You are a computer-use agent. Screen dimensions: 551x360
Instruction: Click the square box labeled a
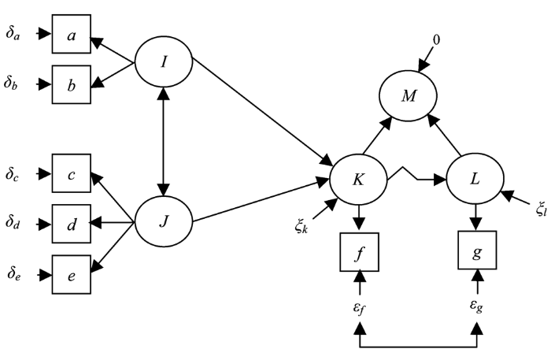pos(72,34)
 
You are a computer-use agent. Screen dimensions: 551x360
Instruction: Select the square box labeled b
pos(72,84)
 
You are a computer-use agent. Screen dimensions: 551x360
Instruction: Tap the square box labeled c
pos(72,173)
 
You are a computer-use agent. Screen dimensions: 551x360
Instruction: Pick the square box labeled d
pos(72,224)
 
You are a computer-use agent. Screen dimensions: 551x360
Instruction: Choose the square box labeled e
pos(72,275)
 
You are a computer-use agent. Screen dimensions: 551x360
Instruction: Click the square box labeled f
pos(359,252)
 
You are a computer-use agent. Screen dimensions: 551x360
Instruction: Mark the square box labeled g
pos(477,250)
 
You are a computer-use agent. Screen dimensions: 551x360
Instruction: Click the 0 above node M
pos(436,40)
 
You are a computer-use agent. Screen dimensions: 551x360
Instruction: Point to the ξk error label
pos(301,227)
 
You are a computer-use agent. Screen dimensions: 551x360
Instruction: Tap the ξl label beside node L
pos(542,210)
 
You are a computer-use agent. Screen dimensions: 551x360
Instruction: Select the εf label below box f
pos(358,308)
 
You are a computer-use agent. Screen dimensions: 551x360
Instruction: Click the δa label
pos(13,34)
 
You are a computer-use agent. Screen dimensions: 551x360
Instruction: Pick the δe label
pos(14,273)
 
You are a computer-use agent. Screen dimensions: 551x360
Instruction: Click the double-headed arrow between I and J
pos(164,141)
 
